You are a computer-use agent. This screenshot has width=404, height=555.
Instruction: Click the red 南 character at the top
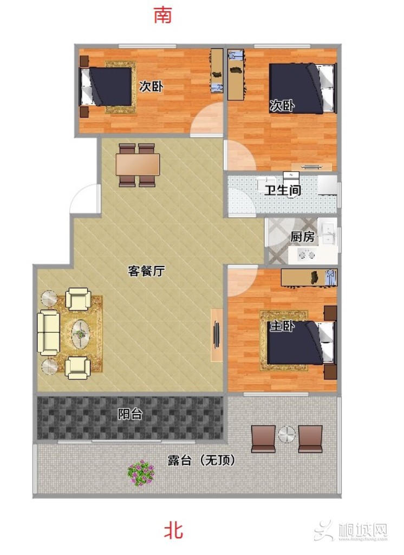(x=163, y=15)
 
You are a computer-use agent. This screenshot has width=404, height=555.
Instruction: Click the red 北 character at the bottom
(x=173, y=531)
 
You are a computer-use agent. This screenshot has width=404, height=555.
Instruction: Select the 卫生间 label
(x=283, y=190)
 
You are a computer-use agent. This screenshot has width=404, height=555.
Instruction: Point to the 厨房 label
(x=303, y=236)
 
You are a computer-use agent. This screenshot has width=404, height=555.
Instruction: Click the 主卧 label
(x=282, y=326)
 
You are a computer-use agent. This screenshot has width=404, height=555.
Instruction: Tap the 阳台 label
(x=130, y=414)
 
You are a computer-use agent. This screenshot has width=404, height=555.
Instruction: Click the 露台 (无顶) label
(x=201, y=460)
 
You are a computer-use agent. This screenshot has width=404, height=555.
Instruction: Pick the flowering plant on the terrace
(x=141, y=472)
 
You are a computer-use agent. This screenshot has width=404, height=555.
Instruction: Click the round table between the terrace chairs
(x=286, y=435)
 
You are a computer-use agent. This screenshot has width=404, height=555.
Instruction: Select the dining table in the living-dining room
(x=138, y=165)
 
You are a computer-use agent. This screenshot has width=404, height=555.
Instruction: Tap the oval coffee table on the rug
(x=81, y=333)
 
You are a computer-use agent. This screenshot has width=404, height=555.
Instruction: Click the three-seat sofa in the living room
(x=48, y=333)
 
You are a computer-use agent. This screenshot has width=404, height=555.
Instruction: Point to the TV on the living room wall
(x=217, y=335)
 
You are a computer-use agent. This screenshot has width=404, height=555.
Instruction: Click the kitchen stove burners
(x=307, y=255)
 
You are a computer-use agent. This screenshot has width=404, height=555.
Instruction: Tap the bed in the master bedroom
(x=301, y=343)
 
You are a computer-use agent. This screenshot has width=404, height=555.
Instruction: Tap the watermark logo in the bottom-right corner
(x=354, y=531)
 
